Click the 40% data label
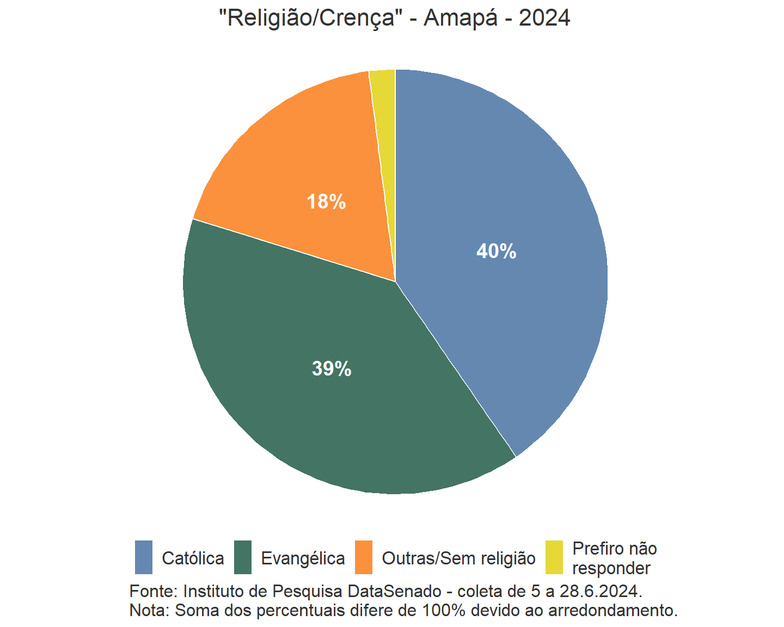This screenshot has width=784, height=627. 496,251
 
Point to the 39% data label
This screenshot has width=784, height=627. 332,369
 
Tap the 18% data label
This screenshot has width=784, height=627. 326,202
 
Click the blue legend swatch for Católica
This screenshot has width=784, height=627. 144,557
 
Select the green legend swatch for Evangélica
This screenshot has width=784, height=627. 243,557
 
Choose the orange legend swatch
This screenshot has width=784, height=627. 364,557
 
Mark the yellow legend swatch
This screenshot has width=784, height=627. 554,557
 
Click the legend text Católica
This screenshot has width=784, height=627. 193,558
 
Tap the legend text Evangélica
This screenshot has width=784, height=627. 303,558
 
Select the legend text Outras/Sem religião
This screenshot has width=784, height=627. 458,558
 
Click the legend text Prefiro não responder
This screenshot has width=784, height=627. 614,558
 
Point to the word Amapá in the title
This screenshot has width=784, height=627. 461,19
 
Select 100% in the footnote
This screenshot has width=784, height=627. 443,610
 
